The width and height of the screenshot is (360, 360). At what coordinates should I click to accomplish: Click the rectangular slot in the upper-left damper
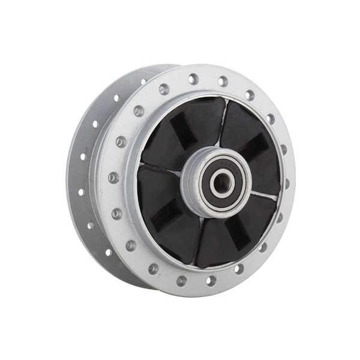pyautogui.click(x=179, y=127)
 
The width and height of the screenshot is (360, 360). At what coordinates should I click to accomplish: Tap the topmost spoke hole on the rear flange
pyautogui.click(x=144, y=81)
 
